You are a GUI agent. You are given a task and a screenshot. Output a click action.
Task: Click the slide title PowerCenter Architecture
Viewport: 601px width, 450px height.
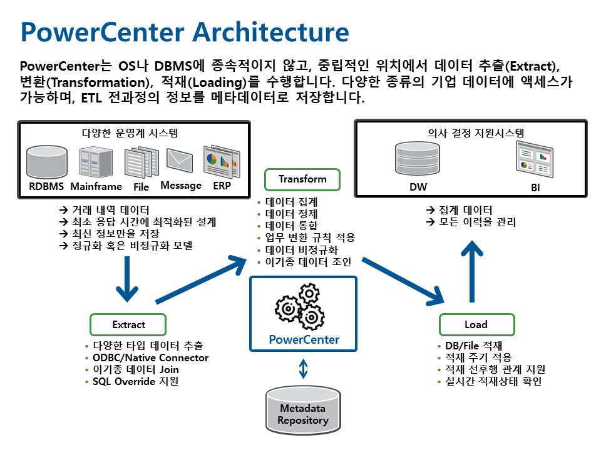pyautogui.click(x=185, y=32)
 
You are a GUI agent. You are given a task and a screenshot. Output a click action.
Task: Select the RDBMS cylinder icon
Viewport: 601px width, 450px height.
pyautogui.click(x=47, y=162)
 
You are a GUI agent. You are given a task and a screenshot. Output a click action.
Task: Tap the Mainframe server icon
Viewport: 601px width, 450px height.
pyautogui.click(x=95, y=162)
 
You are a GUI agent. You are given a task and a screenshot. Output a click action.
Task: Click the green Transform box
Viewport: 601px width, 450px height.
pyautogui.click(x=302, y=179)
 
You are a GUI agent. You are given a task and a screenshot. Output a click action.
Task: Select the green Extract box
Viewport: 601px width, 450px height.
pyautogui.click(x=128, y=324)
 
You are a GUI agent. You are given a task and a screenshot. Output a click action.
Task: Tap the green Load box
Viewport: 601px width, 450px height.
pyautogui.click(x=476, y=324)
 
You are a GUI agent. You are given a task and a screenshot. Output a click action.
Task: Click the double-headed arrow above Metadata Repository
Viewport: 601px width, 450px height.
pyautogui.click(x=304, y=369)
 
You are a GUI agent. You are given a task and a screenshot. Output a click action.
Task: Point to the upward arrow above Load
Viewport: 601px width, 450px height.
pyautogui.click(x=473, y=268)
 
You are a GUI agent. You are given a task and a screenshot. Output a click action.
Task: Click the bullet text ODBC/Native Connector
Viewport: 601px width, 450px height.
pyautogui.click(x=150, y=357)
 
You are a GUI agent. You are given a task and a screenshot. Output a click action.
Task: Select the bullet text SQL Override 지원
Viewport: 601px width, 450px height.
pyautogui.click(x=135, y=381)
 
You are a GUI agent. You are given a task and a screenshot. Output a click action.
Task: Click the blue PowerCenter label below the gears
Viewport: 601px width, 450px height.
pyautogui.click(x=304, y=339)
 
